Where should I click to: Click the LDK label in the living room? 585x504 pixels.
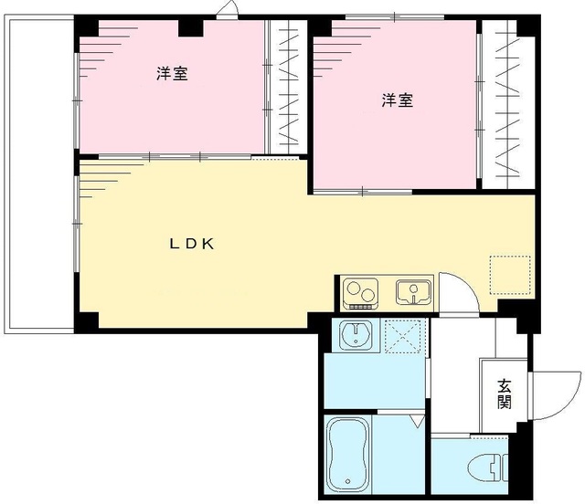tap(191, 244)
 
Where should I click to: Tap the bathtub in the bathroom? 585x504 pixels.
tap(348, 455)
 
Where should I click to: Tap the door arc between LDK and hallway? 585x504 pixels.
tap(456, 292)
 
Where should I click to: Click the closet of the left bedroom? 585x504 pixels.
tap(287, 87)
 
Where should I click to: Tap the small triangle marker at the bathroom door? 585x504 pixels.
tap(416, 421)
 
